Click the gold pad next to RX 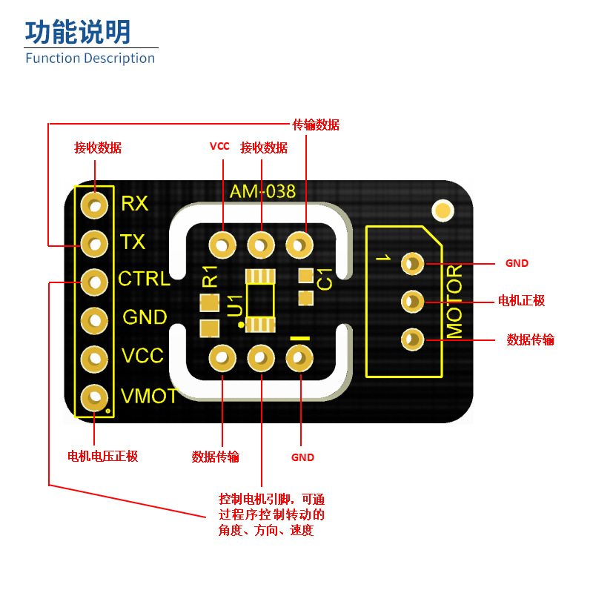click(x=94, y=204)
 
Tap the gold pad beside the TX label click(x=94, y=242)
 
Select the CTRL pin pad click(x=94, y=281)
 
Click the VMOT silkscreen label click(x=150, y=396)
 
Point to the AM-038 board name click(x=262, y=192)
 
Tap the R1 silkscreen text click(x=210, y=276)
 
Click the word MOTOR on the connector click(x=454, y=301)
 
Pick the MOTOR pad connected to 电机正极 click(x=412, y=301)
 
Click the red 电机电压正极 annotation click(x=102, y=456)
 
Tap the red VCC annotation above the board click(x=219, y=147)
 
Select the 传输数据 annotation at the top click(x=316, y=125)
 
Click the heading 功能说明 click(x=79, y=32)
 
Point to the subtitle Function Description click(x=90, y=59)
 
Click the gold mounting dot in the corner click(x=443, y=210)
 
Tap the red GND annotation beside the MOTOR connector click(x=517, y=263)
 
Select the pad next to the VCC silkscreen click(x=94, y=358)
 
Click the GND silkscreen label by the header click(x=145, y=318)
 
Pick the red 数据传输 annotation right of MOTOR click(x=530, y=339)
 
